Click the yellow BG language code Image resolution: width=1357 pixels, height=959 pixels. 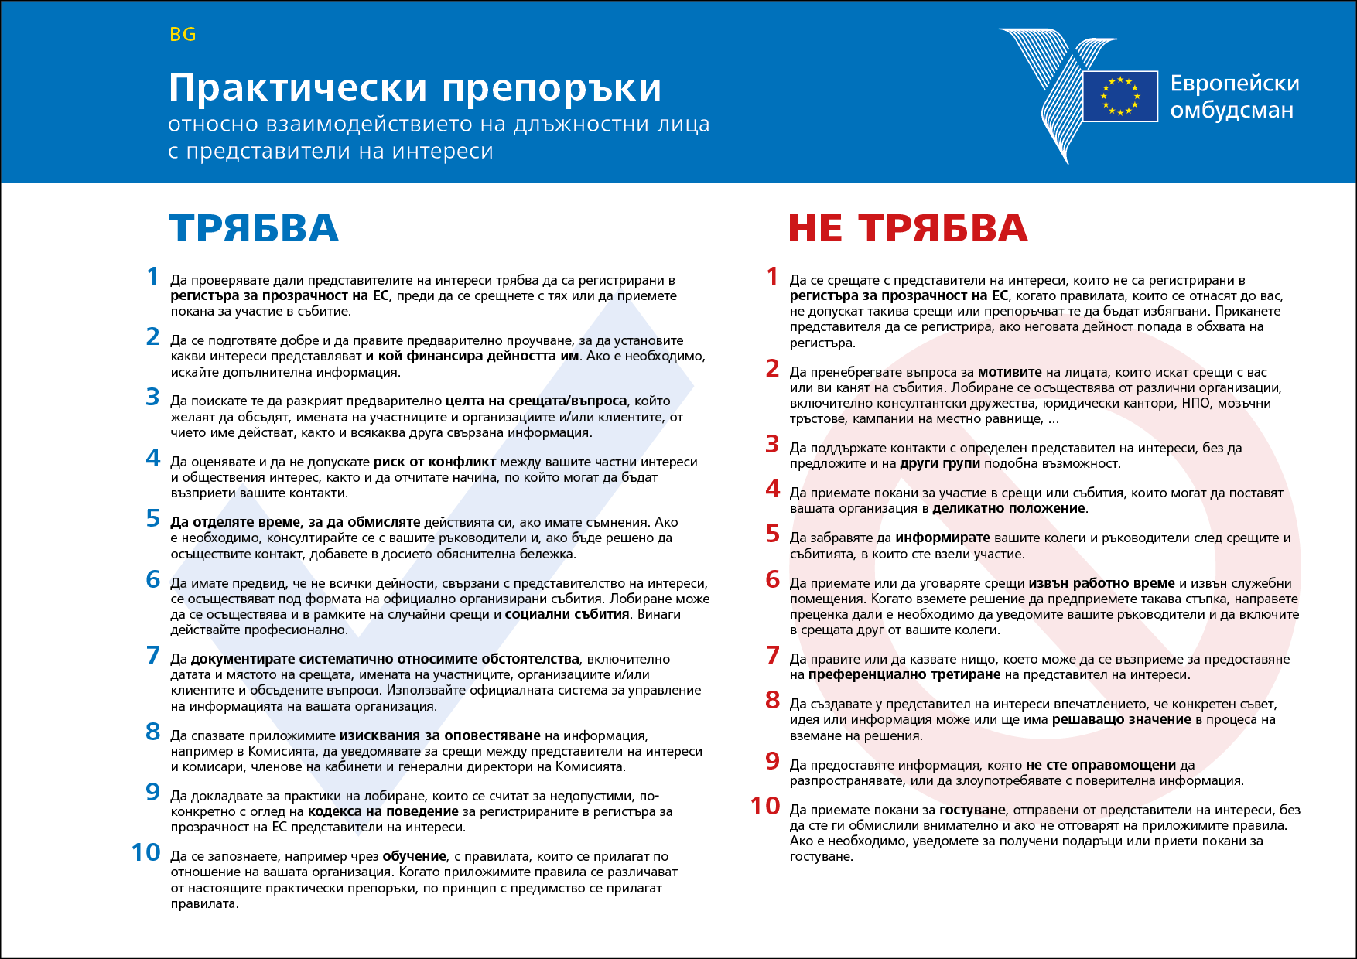tap(183, 35)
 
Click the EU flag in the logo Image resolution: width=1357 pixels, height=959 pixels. tap(1120, 97)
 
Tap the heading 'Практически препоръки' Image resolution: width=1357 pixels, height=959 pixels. tap(415, 87)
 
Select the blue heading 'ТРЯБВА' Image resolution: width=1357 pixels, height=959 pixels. tap(254, 228)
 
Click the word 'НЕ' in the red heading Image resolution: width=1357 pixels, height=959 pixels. tap(815, 228)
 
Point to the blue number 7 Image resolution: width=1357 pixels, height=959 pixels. tap(153, 655)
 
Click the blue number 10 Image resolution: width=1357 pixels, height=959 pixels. tap(145, 852)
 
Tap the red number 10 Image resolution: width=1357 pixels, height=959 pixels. tap(765, 806)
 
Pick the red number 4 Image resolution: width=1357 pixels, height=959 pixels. tap(772, 489)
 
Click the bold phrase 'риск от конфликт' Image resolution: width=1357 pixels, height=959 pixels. tap(434, 462)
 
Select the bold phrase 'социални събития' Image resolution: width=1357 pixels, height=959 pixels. tap(567, 614)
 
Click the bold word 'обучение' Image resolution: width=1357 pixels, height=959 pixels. tap(414, 856)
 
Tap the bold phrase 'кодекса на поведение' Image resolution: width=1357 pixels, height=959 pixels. tap(383, 811)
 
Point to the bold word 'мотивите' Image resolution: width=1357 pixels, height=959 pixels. tap(1010, 372)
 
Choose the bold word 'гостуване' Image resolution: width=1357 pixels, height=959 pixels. tap(972, 810)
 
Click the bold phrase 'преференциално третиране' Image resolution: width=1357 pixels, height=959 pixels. tap(905, 674)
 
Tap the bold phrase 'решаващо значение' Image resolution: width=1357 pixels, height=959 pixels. tap(1121, 719)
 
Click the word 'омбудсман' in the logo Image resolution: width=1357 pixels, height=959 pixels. tap(1232, 110)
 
